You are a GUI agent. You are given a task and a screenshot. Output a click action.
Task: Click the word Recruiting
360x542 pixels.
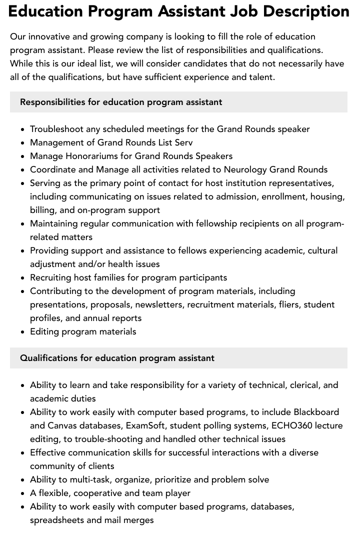click(x=50, y=277)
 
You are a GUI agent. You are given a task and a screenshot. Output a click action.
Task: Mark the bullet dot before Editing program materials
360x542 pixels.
click(x=23, y=331)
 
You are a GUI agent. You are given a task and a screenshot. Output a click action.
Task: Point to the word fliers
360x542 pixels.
click(x=287, y=304)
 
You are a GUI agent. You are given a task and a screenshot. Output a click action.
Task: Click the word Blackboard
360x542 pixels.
click(x=316, y=412)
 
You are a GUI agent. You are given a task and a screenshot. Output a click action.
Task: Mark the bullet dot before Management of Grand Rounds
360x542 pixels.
click(x=23, y=142)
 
